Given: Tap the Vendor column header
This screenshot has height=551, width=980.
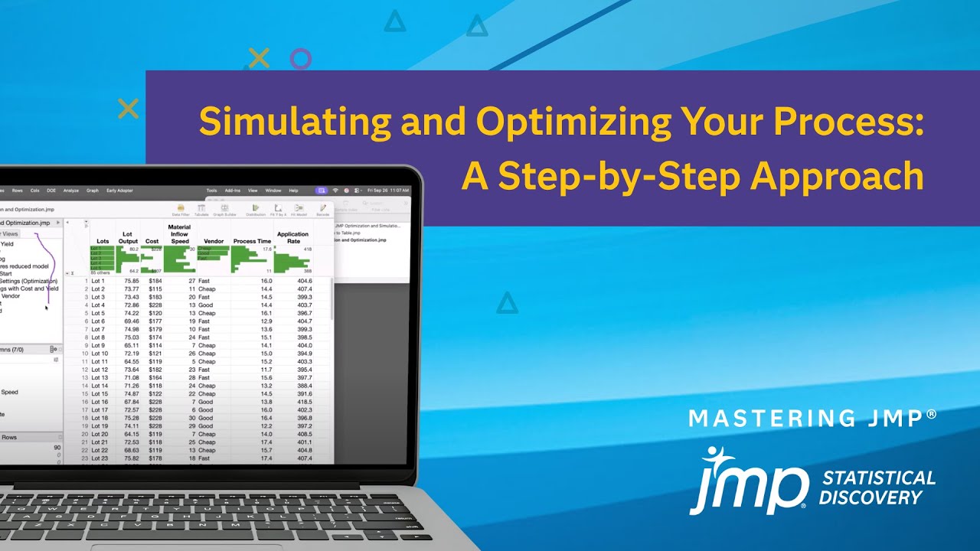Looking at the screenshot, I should coord(214,241).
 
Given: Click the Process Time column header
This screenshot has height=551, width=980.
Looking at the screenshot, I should coord(252,241).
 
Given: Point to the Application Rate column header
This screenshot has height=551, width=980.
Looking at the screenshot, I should coord(292,237).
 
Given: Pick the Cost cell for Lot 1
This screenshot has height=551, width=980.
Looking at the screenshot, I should coord(155,281).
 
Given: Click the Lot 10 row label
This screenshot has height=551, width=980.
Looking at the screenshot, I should coord(100,354).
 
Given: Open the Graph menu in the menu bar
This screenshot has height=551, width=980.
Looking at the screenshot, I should coord(93,191).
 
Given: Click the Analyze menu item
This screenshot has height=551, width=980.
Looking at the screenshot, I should coord(71,191).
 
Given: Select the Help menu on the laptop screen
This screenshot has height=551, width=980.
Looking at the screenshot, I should coord(294,191).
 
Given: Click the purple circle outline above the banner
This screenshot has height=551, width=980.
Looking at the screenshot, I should coord(301,59).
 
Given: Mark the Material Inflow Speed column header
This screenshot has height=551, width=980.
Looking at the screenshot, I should coord(179,233).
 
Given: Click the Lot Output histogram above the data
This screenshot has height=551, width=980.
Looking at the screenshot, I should coord(127,259).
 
